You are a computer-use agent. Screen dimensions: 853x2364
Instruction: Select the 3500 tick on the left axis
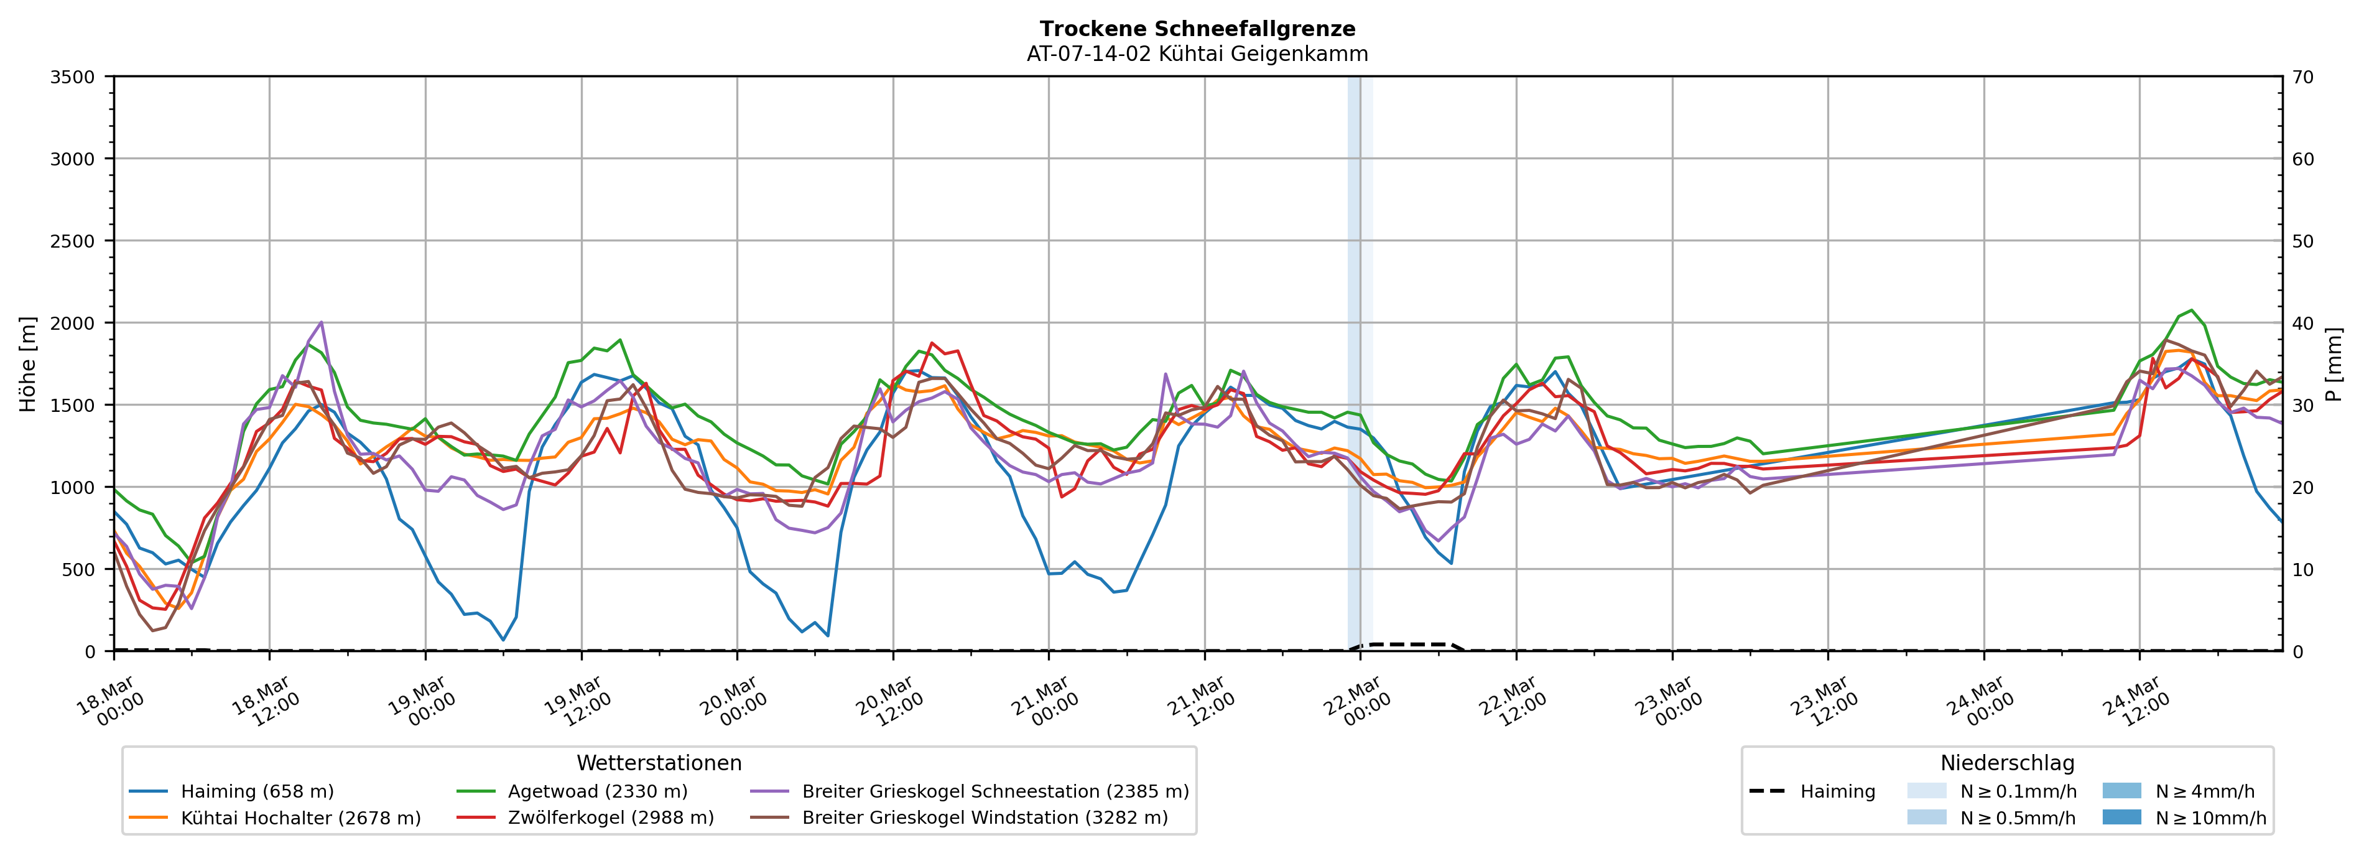tap(73, 77)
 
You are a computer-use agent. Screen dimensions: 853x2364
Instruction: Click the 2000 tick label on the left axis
tap(73, 323)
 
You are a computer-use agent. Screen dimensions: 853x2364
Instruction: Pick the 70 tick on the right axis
tap(2302, 77)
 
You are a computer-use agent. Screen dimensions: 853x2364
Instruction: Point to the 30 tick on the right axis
tap(2302, 405)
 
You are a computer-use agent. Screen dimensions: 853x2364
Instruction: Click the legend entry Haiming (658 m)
tap(257, 791)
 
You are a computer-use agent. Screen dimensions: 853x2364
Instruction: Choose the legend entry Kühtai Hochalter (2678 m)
tap(300, 818)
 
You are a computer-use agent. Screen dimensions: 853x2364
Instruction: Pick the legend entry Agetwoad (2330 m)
tap(598, 791)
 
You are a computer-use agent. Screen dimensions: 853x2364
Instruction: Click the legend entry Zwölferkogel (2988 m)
tap(610, 818)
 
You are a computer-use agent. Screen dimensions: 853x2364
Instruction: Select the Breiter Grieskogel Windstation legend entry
tap(984, 818)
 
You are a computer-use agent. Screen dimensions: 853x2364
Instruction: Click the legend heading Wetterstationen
tap(659, 763)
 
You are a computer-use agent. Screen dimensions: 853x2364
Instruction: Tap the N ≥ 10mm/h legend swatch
tap(2121, 817)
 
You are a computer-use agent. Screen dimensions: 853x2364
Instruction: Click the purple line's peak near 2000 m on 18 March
tap(320, 322)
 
